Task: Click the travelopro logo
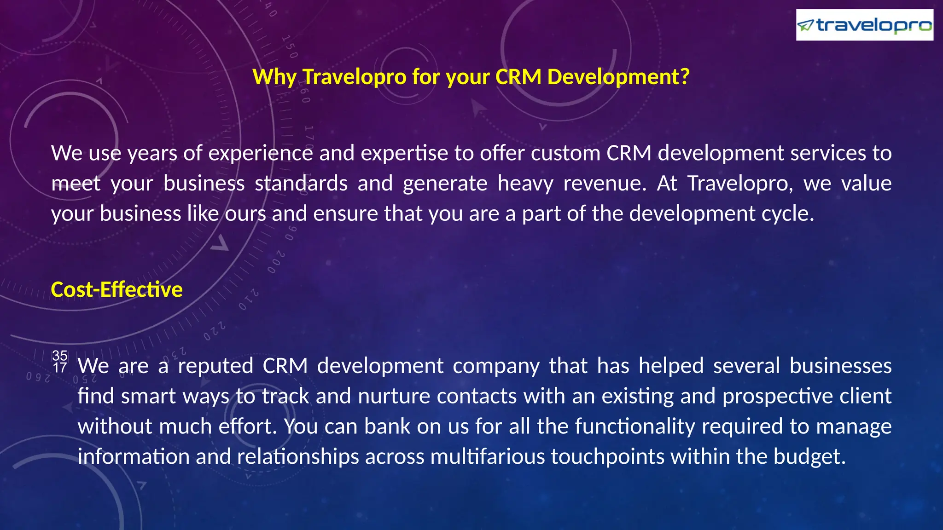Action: tap(864, 25)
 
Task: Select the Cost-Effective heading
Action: tap(116, 289)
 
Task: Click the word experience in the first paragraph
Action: tap(261, 153)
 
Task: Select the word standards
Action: tap(301, 183)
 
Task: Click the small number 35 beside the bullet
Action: tap(60, 355)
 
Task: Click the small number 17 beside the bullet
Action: tap(60, 368)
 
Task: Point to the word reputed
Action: tap(215, 366)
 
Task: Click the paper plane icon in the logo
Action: tap(806, 25)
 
